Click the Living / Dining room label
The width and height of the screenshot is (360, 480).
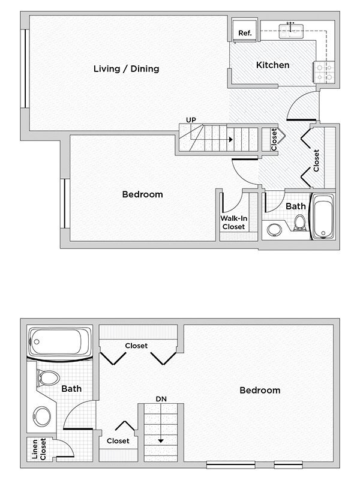pos(126,68)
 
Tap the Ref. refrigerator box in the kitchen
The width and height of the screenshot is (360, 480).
pos(245,32)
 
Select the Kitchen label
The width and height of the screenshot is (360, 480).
pos(273,65)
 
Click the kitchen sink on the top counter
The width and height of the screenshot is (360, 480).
pos(293,30)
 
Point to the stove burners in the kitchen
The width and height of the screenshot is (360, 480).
pos(324,73)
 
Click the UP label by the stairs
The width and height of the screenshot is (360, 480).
pos(191,120)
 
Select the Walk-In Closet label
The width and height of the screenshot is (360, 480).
pos(233,223)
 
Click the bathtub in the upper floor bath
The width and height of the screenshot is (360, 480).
pos(323,217)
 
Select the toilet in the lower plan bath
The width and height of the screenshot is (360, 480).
pos(46,379)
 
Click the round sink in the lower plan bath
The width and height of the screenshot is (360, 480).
pos(42,416)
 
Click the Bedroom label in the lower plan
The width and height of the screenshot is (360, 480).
pos(260,390)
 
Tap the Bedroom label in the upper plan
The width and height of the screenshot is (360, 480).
pos(143,194)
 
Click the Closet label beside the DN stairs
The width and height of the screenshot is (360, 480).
pos(119,440)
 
